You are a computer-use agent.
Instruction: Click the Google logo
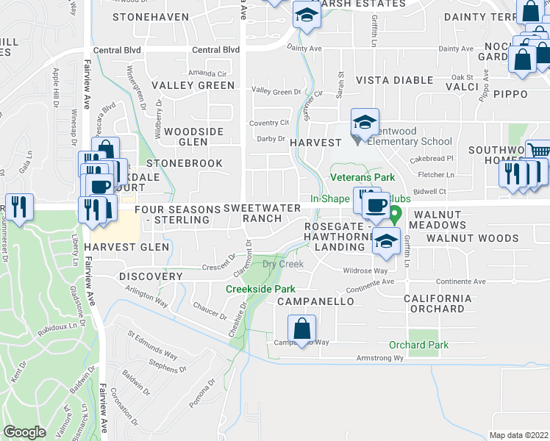coord(25,432)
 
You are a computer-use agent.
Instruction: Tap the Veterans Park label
coord(362,177)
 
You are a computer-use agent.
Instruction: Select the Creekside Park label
coord(260,289)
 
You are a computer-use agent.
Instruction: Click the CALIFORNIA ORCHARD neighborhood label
coord(438,304)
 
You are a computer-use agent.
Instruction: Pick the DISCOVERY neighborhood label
coord(150,276)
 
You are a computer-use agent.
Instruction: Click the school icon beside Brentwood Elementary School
coord(365,123)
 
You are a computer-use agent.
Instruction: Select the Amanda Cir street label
coord(207,73)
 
